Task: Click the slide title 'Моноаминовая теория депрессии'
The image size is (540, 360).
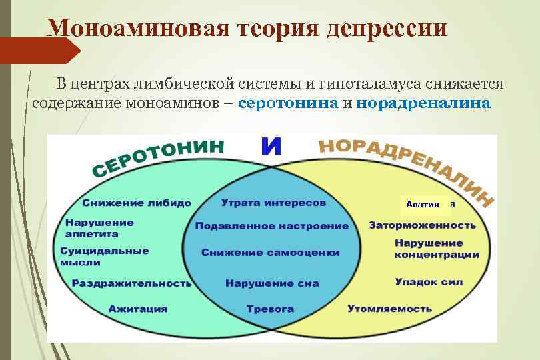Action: (247, 28)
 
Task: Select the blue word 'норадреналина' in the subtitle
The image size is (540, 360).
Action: (423, 104)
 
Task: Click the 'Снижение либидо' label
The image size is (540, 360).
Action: (136, 203)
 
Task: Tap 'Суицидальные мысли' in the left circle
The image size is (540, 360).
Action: (104, 257)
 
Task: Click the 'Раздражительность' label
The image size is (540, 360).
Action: (131, 283)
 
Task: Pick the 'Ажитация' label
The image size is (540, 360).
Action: (138, 309)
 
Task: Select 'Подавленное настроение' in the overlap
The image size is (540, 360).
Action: (271, 226)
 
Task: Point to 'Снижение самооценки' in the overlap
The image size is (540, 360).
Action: (270, 253)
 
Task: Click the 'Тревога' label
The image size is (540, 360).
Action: (270, 309)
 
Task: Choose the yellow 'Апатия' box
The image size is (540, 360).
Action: (423, 204)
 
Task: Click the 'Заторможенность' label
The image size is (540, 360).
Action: (422, 225)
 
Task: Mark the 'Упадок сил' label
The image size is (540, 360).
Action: (428, 282)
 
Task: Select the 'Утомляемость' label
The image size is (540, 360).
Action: (389, 309)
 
